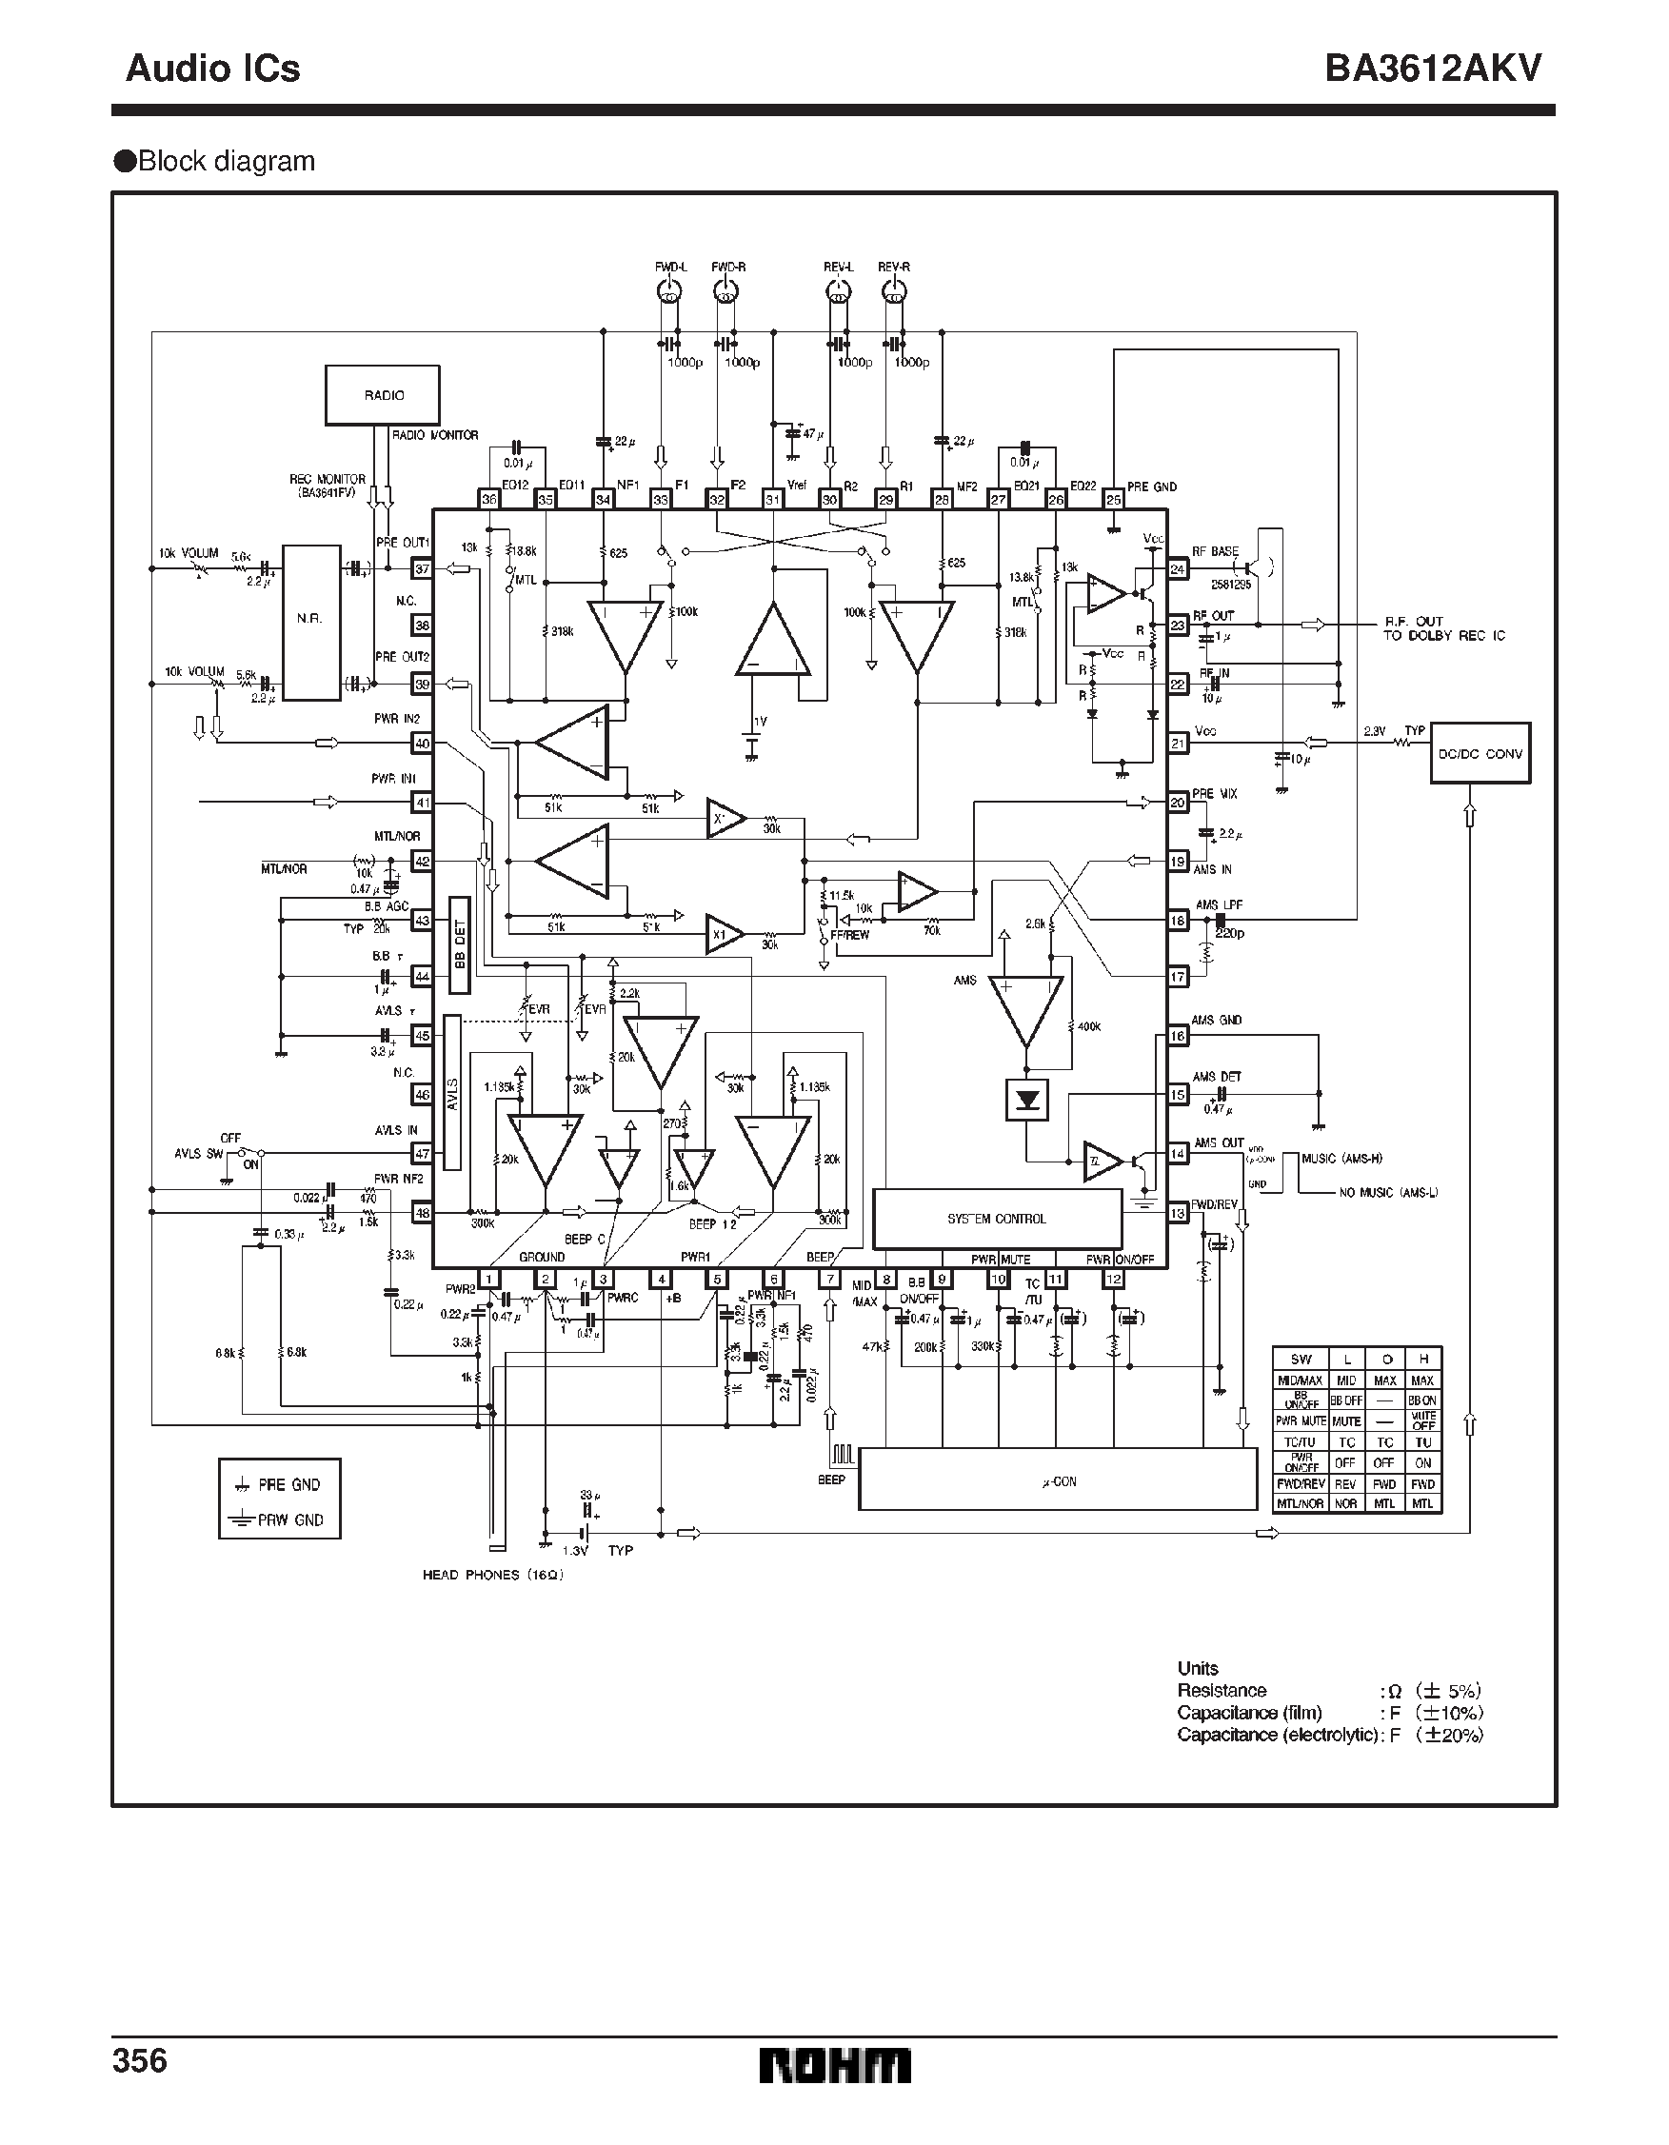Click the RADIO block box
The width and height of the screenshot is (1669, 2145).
(382, 396)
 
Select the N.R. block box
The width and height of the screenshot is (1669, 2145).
(311, 623)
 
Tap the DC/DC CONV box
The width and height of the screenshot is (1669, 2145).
(1480, 753)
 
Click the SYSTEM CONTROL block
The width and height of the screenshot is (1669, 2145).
(997, 1219)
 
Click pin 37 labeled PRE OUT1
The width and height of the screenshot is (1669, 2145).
(423, 568)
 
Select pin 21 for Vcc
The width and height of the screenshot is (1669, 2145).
(1178, 744)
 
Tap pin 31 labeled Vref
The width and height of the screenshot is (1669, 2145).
(773, 500)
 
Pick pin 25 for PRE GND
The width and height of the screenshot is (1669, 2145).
(1113, 500)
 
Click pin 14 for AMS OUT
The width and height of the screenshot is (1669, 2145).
(1178, 1154)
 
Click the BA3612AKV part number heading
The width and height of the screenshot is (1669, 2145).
(1432, 69)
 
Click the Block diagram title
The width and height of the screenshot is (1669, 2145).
(226, 161)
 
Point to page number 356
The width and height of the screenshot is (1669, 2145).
(141, 2059)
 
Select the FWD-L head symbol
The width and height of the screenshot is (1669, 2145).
(670, 290)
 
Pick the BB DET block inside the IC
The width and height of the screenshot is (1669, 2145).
(459, 945)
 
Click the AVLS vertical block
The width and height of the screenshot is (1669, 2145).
(453, 1092)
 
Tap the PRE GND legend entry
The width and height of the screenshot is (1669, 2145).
(280, 1485)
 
